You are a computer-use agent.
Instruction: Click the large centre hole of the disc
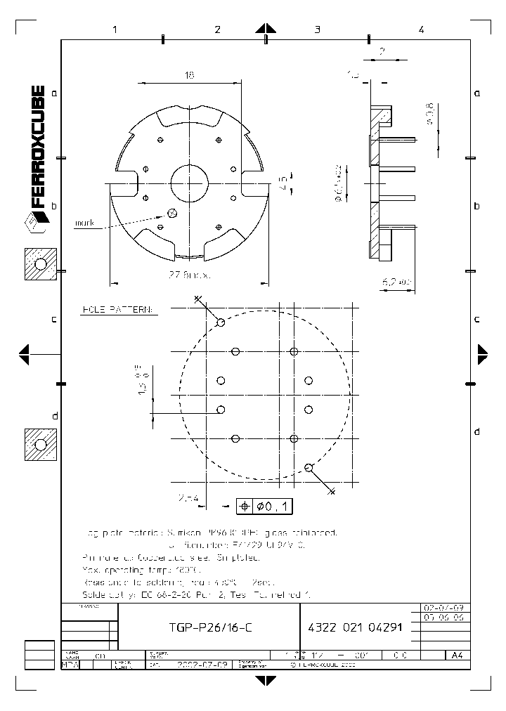tap(190, 183)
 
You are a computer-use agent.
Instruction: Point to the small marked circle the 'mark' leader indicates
tap(172, 212)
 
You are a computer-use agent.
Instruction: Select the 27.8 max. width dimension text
tap(190, 276)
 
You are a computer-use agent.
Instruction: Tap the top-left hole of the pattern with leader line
tap(221, 322)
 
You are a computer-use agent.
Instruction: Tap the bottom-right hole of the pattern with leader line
tap(309, 467)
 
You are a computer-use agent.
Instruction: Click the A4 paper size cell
tap(456, 655)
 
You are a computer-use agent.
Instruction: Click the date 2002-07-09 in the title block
tap(200, 664)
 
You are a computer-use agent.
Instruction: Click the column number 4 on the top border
tap(420, 30)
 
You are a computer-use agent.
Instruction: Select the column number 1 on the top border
tap(114, 30)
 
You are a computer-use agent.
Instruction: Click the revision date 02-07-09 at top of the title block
tap(442, 607)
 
